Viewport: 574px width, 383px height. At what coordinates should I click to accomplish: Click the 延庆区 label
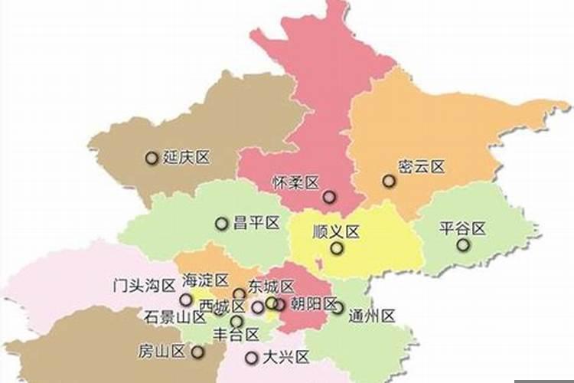pos(187,158)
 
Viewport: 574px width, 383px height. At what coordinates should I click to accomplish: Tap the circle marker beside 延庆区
pos(152,158)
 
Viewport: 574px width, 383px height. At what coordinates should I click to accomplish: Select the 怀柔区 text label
pos(295,182)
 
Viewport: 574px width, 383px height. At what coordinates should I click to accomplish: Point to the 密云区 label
pos(421,167)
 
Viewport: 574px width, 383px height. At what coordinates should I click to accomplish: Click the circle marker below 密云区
pos(389,182)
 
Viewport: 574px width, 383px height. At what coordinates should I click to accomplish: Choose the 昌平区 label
pos(256,223)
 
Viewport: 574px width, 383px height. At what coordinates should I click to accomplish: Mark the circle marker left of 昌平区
pos(221,224)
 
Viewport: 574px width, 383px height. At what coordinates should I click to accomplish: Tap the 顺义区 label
pos(336,231)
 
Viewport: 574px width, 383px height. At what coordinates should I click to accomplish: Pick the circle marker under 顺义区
pos(337,248)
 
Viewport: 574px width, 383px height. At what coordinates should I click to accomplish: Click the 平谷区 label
pos(463,228)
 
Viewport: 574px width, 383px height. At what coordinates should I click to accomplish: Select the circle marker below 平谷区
pos(463,245)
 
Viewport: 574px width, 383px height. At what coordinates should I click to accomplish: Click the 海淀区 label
pos(206,280)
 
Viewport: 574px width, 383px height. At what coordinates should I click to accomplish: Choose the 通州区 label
pos(371,315)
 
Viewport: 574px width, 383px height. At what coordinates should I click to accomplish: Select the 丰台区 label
pos(236,334)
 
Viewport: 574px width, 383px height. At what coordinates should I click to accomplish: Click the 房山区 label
pos(162,352)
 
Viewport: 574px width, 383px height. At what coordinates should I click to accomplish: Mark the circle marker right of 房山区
pos(198,352)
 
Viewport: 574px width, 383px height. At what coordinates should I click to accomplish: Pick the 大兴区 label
pos(285,357)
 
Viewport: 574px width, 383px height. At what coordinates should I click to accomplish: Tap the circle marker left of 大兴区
pos(251,358)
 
